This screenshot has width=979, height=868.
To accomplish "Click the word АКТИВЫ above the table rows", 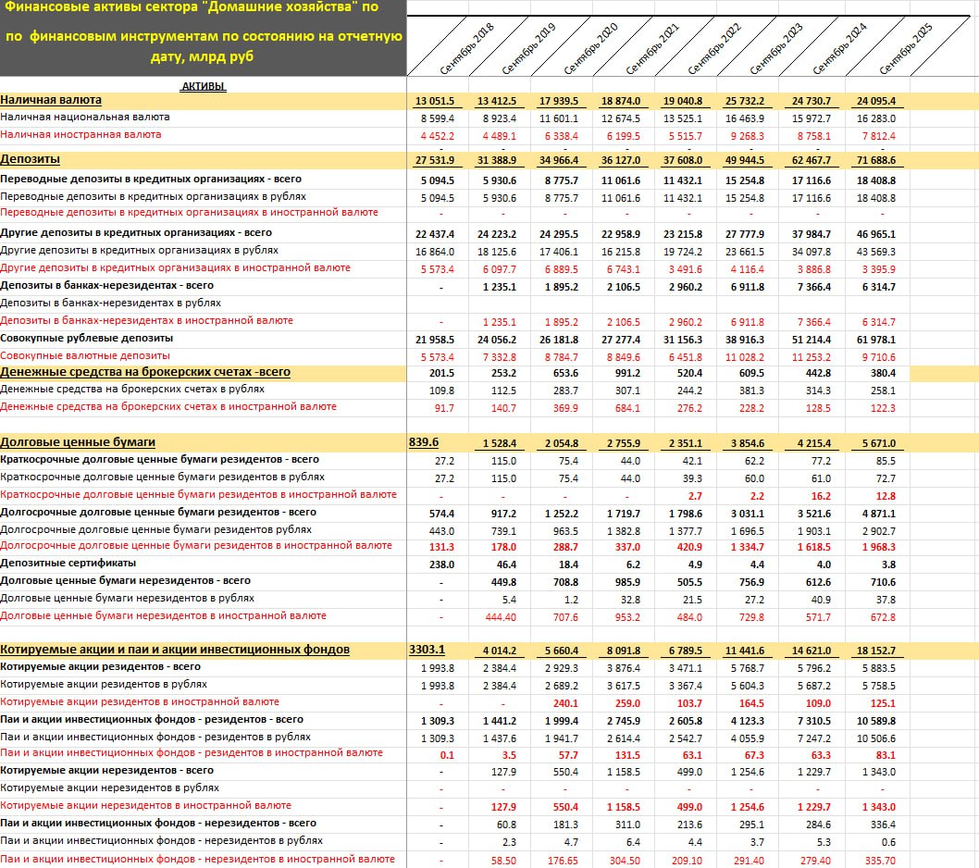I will (203, 86).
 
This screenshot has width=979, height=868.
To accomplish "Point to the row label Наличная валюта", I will (51, 100).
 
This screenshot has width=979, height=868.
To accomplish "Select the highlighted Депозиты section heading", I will (31, 160).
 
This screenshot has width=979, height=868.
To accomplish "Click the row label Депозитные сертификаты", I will (68, 564).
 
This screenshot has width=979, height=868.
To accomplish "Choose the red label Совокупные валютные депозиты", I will (85, 355).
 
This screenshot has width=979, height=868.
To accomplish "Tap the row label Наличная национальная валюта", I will (85, 118).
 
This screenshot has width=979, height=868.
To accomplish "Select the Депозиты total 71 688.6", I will (874, 161).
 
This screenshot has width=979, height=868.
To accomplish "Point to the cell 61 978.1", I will (874, 340).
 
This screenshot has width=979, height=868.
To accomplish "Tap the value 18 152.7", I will (874, 651).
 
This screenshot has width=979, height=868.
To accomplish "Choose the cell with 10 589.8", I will (874, 720).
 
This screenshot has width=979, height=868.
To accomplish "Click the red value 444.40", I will (501, 616).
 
